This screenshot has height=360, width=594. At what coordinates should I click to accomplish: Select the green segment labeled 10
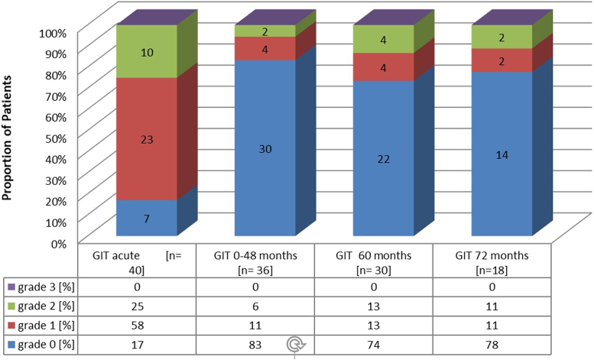pos(147,51)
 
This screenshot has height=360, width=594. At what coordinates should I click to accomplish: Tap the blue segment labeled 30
pos(265,148)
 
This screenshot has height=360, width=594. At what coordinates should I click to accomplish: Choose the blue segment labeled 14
pos(501,154)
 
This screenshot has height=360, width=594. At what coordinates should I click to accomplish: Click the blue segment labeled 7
pos(147,219)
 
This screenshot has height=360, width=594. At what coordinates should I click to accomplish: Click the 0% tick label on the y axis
pos(60,243)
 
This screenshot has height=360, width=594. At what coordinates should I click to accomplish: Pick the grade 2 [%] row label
pos(45,306)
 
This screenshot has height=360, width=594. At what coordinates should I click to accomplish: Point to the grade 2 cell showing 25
pos(138,306)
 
